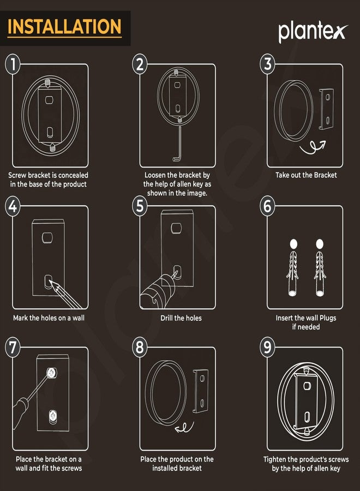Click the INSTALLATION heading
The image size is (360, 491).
point(64,27)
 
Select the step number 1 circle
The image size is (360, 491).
point(13,64)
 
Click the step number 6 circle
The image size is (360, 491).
point(267,206)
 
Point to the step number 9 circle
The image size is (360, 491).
point(267,348)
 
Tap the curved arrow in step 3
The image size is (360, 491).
point(313,147)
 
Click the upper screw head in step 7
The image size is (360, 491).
point(52,373)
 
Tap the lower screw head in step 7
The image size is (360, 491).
point(52,416)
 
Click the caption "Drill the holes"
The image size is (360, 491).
point(181,318)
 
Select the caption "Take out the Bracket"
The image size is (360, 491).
point(306,175)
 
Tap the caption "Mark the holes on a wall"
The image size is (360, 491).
point(49,318)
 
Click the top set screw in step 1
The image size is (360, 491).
point(47,83)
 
